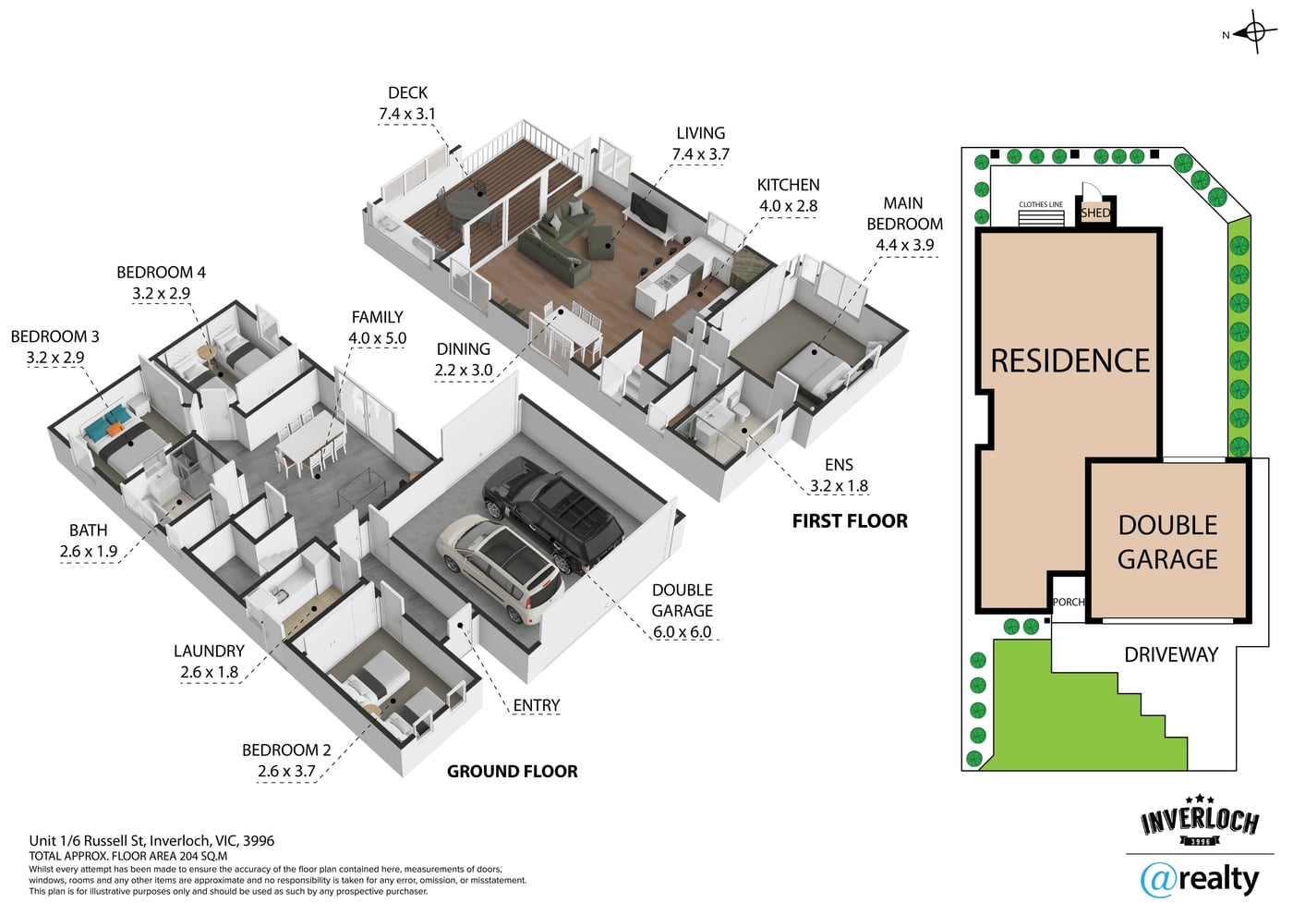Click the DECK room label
click(407, 93)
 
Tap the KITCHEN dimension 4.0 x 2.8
click(788, 206)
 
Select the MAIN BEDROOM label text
click(904, 213)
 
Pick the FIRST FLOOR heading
click(850, 521)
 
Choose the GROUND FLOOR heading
click(512, 771)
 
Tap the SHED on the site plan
click(1095, 213)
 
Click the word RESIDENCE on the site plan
click(1070, 361)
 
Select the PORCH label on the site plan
click(1069, 602)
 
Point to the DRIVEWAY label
click(1171, 654)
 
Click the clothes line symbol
click(1041, 218)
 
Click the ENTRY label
click(537, 705)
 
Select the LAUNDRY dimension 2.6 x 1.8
click(209, 673)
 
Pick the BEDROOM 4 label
click(161, 272)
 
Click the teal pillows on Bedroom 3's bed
click(105, 420)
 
